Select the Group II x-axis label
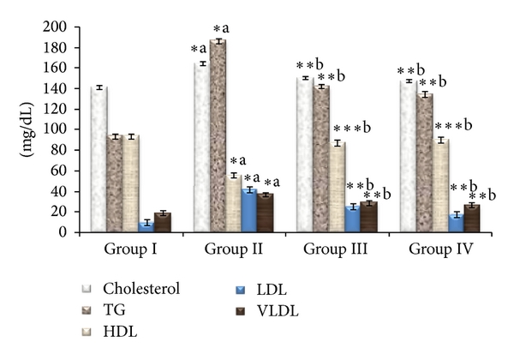[x=233, y=250]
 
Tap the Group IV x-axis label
[x=440, y=250]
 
